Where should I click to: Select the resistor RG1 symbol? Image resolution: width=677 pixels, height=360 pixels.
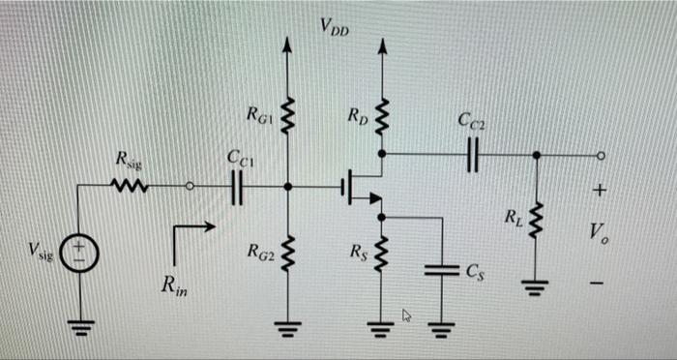(x=286, y=120)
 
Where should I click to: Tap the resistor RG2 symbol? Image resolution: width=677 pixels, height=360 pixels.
(x=286, y=254)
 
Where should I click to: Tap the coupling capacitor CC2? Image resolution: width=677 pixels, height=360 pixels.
(x=471, y=153)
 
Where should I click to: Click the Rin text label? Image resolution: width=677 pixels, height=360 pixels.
(x=174, y=286)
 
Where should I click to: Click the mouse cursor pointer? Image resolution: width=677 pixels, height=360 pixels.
(x=407, y=315)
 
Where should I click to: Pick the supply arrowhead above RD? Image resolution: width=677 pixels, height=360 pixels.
(x=381, y=45)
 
